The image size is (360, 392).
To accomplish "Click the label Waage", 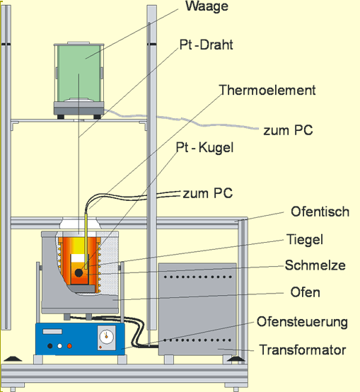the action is tap(207, 6).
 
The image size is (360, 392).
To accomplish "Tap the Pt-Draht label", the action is tap(206, 45).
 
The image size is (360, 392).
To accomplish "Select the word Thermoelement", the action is tap(267, 90).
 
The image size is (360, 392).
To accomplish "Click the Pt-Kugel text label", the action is tap(204, 147).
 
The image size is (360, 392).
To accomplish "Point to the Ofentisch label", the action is tap(320, 212).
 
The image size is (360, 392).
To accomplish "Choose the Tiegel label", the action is tap(305, 239).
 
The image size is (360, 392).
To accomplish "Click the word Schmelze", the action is tap(315, 265).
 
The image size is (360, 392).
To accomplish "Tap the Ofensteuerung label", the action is tap(302, 322).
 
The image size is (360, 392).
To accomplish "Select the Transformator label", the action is tap(303, 350).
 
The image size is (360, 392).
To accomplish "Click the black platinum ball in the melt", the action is tap(79, 272).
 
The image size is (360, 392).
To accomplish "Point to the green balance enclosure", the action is tap(79, 73).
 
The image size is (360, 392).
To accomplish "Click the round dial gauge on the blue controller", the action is tap(106, 336).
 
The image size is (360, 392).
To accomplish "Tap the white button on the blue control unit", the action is tap(59, 346).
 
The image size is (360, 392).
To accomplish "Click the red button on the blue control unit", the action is tap(69, 346).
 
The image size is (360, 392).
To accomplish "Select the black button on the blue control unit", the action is tap(50, 346).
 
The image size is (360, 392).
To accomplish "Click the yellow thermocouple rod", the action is tap(86, 239).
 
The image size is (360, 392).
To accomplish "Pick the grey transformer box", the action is tap(197, 309).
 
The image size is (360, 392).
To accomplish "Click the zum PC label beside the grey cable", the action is tap(288, 130).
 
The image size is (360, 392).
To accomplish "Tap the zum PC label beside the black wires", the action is tap(208, 193).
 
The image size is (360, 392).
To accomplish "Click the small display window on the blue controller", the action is tap(52, 331).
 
